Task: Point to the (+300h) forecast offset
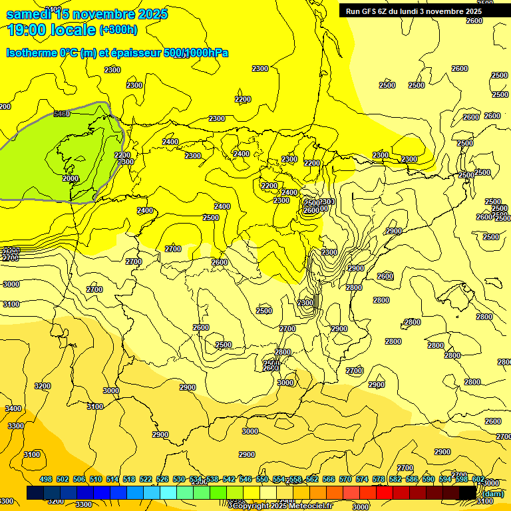[x=118, y=30]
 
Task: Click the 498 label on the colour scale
[x=46, y=480]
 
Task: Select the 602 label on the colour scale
[x=478, y=480]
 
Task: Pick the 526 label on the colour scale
[x=162, y=480]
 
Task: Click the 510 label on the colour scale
[x=96, y=480]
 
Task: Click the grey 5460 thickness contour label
[x=61, y=114]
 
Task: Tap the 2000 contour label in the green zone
[x=71, y=178]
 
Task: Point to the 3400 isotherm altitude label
[x=13, y=409]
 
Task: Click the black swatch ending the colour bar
[x=468, y=493]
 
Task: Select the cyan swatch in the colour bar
[x=168, y=493]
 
